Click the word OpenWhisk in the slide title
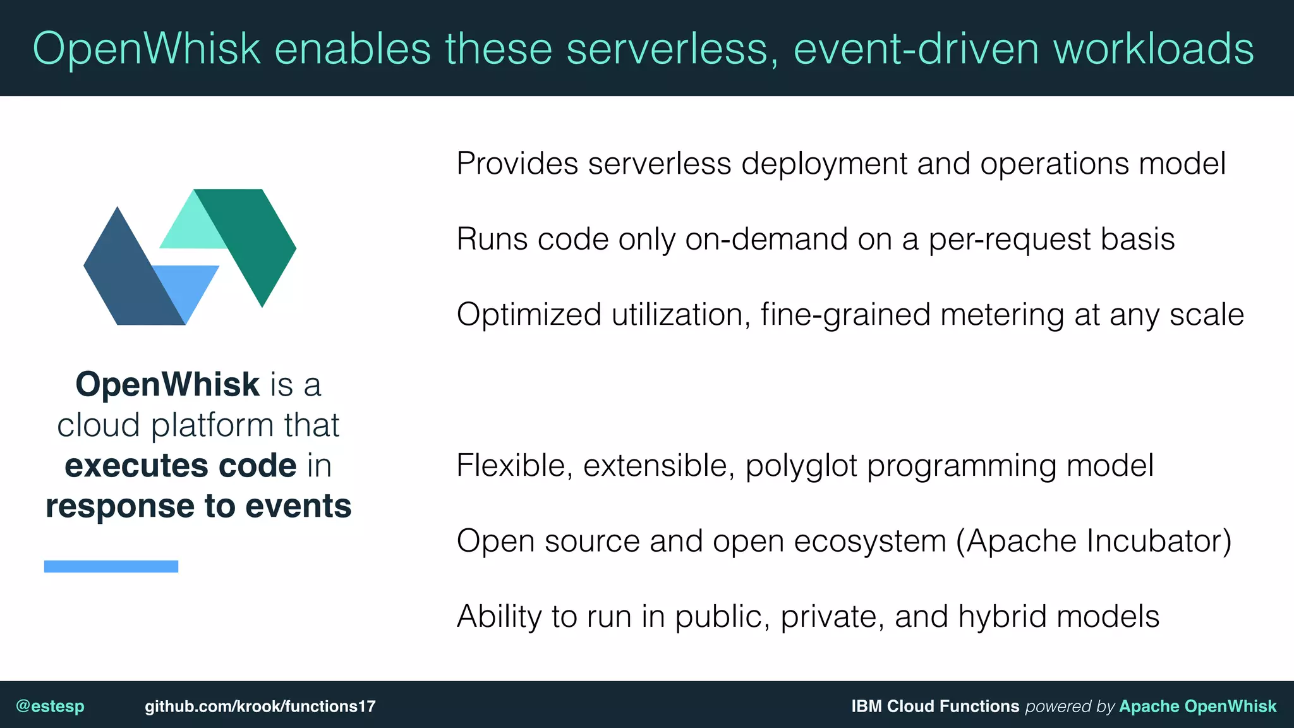pos(147,49)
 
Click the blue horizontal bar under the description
pos(111,566)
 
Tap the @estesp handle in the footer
pos(50,706)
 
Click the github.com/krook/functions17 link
pos(260,706)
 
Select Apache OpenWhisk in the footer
pos(1197,706)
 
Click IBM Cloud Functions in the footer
pos(935,706)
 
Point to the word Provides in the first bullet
pos(517,164)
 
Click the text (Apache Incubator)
pos(1094,541)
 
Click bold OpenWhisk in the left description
pos(167,384)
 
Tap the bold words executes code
pos(181,466)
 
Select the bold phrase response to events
pos(198,506)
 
